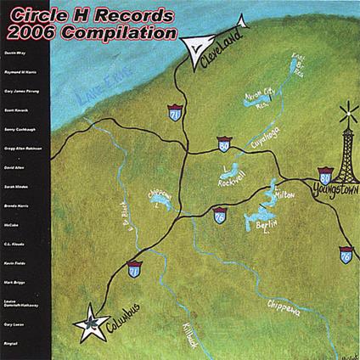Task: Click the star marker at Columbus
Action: tap(87, 324)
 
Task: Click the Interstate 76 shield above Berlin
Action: tap(219, 216)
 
